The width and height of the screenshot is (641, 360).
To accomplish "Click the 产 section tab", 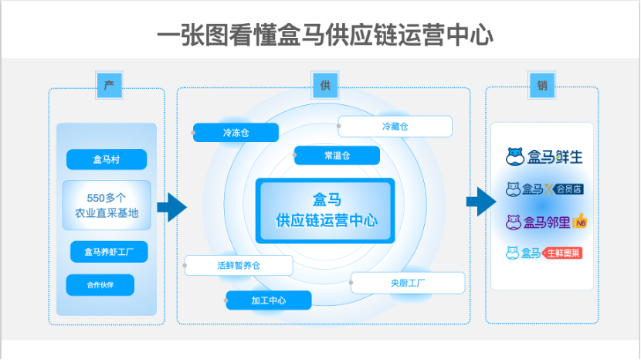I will [x=109, y=86].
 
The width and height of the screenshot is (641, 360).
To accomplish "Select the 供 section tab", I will [x=325, y=86].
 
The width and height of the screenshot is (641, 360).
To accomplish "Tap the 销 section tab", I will [x=542, y=86].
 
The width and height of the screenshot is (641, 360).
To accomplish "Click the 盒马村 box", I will [x=107, y=160].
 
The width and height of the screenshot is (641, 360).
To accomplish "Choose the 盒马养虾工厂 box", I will [x=109, y=252].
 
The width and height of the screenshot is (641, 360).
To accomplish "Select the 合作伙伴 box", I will [x=100, y=285].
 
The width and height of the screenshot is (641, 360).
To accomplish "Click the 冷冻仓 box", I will [x=236, y=133].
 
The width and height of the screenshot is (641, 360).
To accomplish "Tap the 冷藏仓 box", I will [x=395, y=126].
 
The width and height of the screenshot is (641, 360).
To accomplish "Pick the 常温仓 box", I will [x=337, y=155].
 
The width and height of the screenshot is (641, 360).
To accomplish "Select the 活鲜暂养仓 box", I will [x=239, y=265].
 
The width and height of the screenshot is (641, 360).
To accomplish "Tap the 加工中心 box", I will [x=269, y=300].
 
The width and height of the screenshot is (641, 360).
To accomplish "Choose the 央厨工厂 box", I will [x=408, y=283].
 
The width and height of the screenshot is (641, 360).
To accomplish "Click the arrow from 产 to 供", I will [x=171, y=206].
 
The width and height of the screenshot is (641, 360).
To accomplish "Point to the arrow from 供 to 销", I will [x=480, y=202].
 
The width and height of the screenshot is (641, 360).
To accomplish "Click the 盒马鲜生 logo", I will [x=544, y=157].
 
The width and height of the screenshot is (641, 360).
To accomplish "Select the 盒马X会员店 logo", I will [x=544, y=188].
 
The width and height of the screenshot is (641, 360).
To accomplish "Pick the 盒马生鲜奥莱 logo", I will [x=544, y=253].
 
